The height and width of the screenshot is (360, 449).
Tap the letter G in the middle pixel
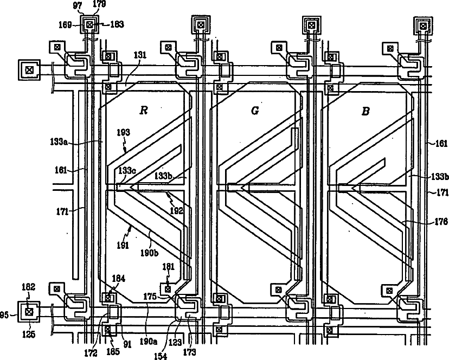[x=255, y=112]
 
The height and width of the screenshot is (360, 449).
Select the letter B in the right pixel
[x=365, y=112]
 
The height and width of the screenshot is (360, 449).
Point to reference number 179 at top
[x=99, y=4]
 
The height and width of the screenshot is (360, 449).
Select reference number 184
[x=118, y=279]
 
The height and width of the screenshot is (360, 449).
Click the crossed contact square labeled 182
[x=29, y=311]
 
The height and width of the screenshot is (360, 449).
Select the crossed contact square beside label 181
[x=168, y=289]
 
